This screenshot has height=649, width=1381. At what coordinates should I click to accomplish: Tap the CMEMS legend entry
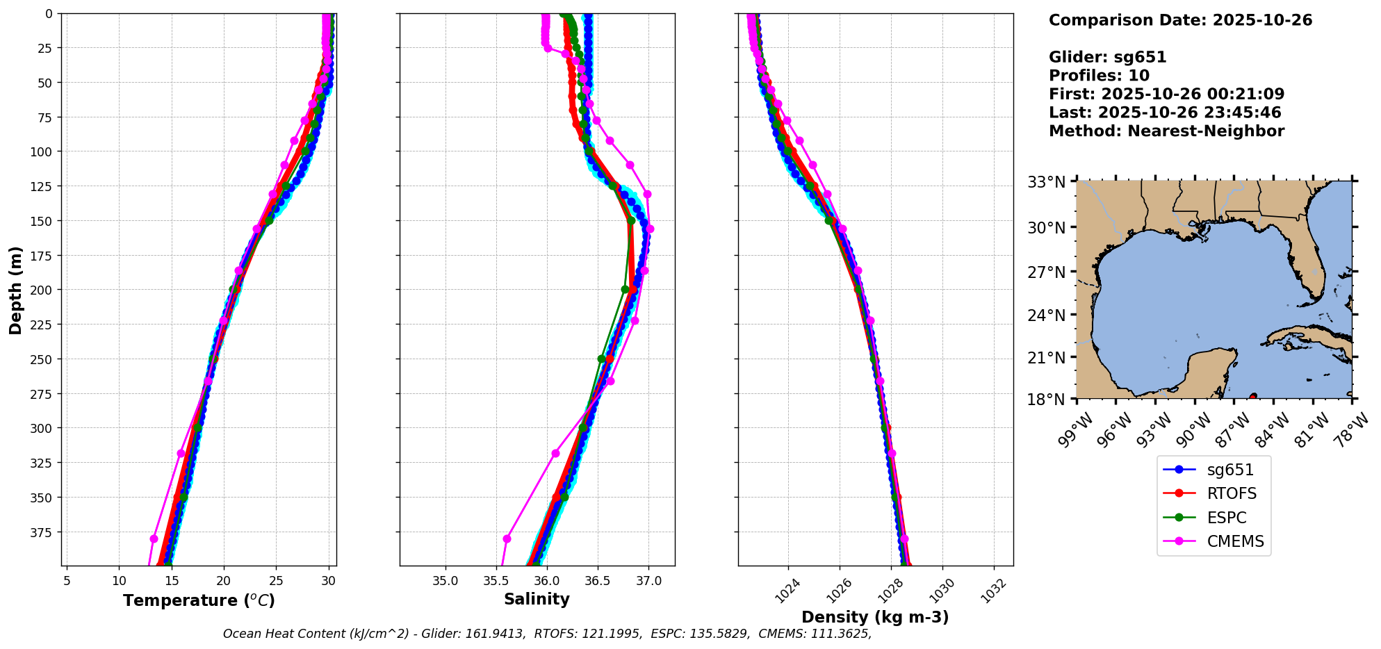point(1235,541)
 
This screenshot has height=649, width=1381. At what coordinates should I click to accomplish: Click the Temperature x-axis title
point(199,600)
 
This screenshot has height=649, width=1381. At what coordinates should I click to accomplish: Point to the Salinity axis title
point(537,599)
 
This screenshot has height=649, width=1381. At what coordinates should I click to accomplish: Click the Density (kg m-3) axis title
point(875,617)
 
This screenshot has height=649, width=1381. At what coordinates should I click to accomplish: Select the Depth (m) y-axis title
point(15,290)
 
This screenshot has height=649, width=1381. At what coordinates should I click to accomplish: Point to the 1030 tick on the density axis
point(942,591)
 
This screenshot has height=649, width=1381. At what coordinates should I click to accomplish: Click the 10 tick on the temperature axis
point(120,580)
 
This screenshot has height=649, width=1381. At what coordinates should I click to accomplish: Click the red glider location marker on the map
point(1252,397)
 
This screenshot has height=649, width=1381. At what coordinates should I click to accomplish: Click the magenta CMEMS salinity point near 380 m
point(507,539)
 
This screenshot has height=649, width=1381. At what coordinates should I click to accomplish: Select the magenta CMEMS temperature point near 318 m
point(181,453)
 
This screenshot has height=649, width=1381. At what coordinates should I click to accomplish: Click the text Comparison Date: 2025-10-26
point(1180,20)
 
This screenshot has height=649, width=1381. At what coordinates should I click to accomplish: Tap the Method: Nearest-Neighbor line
point(1166,131)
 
